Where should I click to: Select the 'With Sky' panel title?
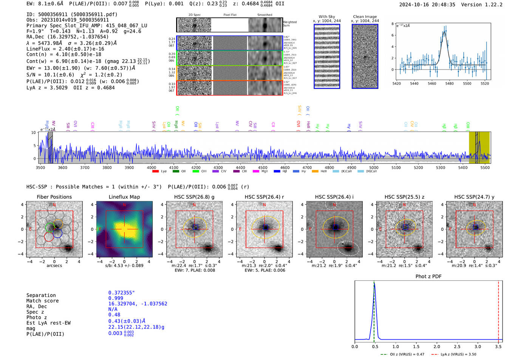(x=326, y=17)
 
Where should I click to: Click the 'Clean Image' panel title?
(x=365, y=17)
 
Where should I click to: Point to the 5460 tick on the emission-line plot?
(x=432, y=83)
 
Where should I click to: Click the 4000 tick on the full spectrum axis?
(x=152, y=167)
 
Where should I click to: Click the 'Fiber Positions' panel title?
(x=54, y=197)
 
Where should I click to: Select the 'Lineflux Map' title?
(x=124, y=197)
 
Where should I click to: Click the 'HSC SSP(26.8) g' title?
(x=194, y=197)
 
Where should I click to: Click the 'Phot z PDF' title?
(x=428, y=276)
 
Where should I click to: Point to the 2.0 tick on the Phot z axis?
(x=437, y=346)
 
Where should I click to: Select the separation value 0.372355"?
(x=121, y=293)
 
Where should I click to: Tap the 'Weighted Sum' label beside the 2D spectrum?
(x=290, y=24)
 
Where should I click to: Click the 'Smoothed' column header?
(x=264, y=15)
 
